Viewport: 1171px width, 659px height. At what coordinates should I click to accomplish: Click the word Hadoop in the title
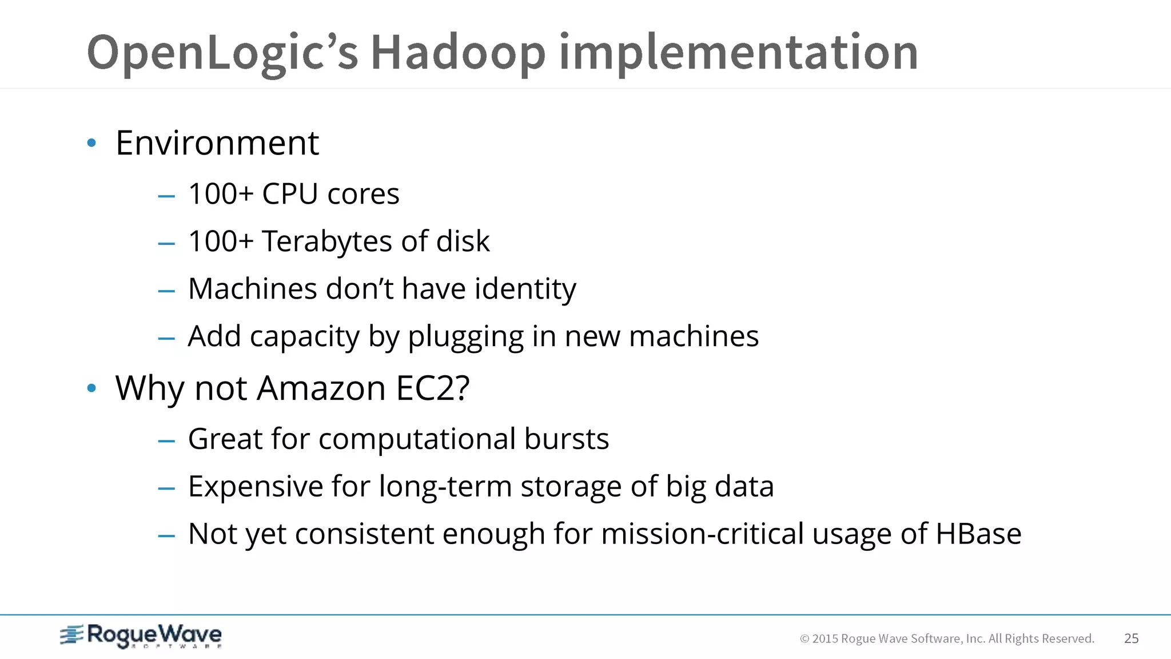coord(458,53)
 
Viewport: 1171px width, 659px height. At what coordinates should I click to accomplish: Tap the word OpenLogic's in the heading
coord(222,53)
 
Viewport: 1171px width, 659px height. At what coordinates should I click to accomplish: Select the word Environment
coord(217,142)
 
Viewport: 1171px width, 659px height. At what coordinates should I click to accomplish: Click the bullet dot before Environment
coord(91,143)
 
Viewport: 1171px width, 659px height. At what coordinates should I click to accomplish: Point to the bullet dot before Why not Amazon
coord(91,388)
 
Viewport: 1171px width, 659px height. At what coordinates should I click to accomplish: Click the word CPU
coord(289,194)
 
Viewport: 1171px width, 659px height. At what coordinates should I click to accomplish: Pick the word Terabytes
coord(326,241)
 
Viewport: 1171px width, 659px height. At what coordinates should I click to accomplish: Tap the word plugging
coord(465,336)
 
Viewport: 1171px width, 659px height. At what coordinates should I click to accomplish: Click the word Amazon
coord(321,388)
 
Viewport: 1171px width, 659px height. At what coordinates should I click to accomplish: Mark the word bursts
coord(566,439)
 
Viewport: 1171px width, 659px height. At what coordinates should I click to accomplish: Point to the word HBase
coord(978,534)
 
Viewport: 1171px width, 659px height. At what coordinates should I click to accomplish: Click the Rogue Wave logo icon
coord(72,635)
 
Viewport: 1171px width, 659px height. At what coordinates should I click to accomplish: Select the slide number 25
coord(1131,638)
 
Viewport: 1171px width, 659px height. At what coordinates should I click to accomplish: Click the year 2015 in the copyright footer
coord(825,639)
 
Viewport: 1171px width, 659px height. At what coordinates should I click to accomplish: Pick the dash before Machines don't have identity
coord(166,291)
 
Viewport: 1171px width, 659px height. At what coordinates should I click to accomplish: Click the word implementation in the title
coord(738,53)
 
